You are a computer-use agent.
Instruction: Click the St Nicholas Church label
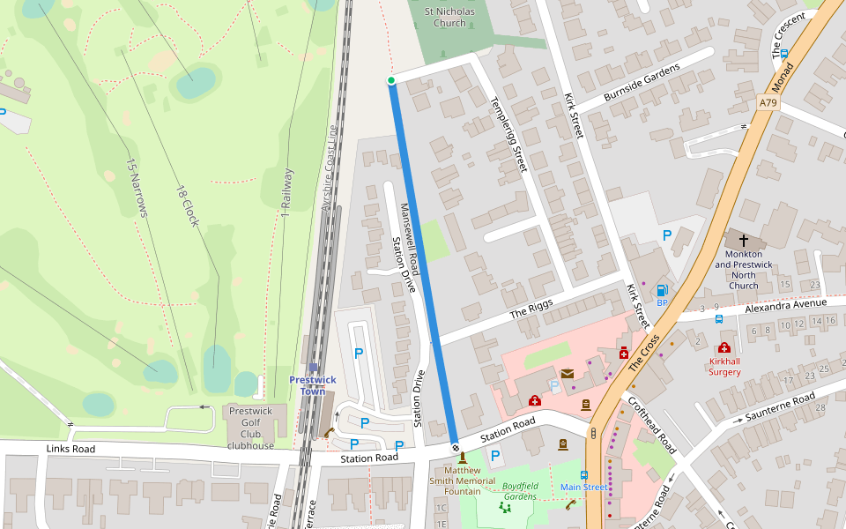(x=449, y=18)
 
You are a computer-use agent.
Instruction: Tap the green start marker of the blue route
(x=391, y=80)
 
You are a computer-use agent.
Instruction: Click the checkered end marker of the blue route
(x=456, y=446)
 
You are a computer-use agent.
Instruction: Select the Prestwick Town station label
(x=313, y=385)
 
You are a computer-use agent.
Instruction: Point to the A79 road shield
(x=768, y=103)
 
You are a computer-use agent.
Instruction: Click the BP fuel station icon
(x=662, y=290)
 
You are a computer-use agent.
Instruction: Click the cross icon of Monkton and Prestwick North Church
(x=743, y=240)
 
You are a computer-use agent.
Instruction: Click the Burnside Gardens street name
(x=642, y=82)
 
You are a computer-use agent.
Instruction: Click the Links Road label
(x=70, y=450)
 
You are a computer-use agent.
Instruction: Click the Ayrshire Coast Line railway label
(x=330, y=168)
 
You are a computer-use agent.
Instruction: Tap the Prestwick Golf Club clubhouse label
(x=251, y=428)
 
